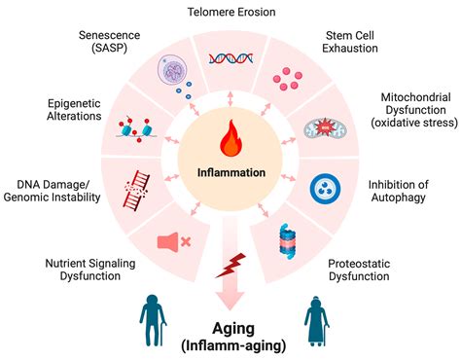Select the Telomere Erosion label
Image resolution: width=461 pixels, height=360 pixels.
point(230,12)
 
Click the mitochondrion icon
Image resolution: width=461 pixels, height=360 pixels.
point(325,128)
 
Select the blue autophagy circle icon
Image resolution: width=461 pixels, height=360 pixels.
point(328,187)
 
